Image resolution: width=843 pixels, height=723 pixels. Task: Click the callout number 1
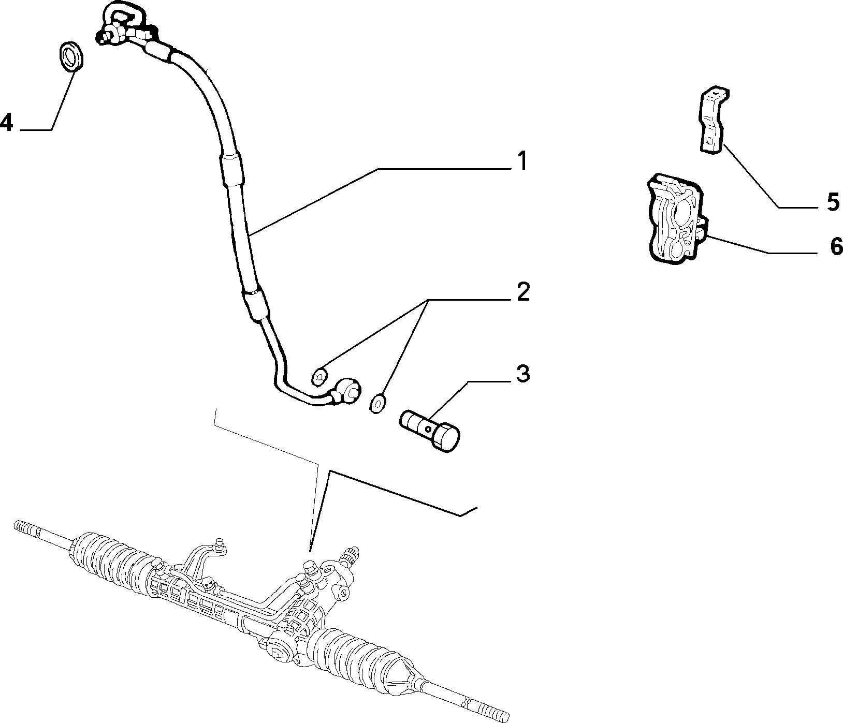(x=523, y=161)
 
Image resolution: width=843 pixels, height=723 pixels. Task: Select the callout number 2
(x=523, y=292)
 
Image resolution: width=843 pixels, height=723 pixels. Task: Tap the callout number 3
(x=523, y=374)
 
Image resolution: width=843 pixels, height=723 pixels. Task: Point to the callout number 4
(x=6, y=123)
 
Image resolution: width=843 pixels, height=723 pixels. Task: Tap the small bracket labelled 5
(x=715, y=120)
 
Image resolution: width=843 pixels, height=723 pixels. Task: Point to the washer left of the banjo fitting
(x=319, y=377)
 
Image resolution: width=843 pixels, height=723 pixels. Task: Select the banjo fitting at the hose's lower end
(x=345, y=392)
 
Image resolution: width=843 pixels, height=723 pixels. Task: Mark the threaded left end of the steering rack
(x=26, y=529)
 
